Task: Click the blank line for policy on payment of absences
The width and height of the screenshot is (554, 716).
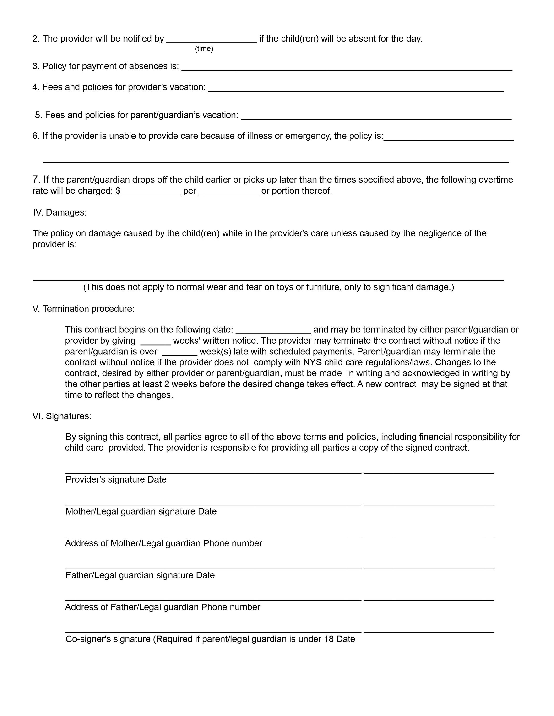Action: (347, 68)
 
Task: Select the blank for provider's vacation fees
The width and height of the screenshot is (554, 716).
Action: (356, 89)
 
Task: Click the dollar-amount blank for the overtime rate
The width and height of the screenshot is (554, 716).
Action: (151, 192)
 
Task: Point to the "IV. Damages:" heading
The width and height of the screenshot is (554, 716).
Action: (60, 212)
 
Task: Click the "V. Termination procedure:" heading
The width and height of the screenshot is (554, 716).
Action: (83, 309)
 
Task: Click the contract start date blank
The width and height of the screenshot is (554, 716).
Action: (273, 331)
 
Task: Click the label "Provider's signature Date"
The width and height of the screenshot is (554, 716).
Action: (116, 480)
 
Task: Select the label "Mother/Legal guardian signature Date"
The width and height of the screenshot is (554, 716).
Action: (141, 511)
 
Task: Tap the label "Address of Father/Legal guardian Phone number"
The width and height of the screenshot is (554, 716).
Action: (163, 607)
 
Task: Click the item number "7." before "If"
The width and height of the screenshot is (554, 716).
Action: (36, 180)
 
